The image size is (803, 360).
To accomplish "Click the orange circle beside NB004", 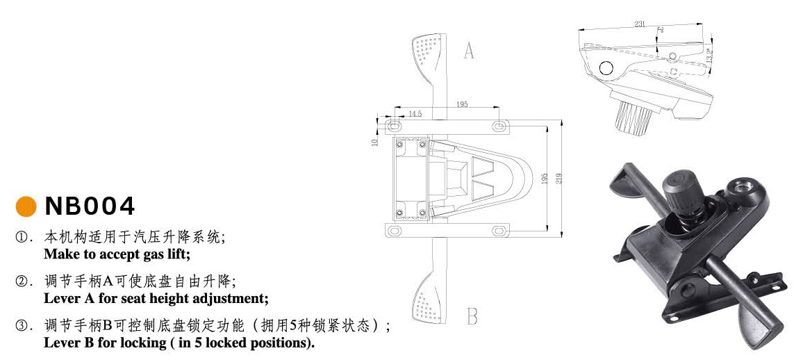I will pyautogui.click(x=25, y=206).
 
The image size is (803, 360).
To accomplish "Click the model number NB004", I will pyautogui.click(x=90, y=206).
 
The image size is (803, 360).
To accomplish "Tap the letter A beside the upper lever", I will pyautogui.click(x=469, y=50).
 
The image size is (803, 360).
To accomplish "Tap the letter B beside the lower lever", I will pyautogui.click(x=472, y=317).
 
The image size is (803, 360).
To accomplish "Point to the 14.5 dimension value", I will pyautogui.click(x=415, y=113).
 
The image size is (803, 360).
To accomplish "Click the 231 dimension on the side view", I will pyautogui.click(x=640, y=24).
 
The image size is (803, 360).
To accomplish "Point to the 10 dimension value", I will pyautogui.click(x=375, y=142).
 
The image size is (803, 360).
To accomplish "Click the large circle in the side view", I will pyautogui.click(x=606, y=68).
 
